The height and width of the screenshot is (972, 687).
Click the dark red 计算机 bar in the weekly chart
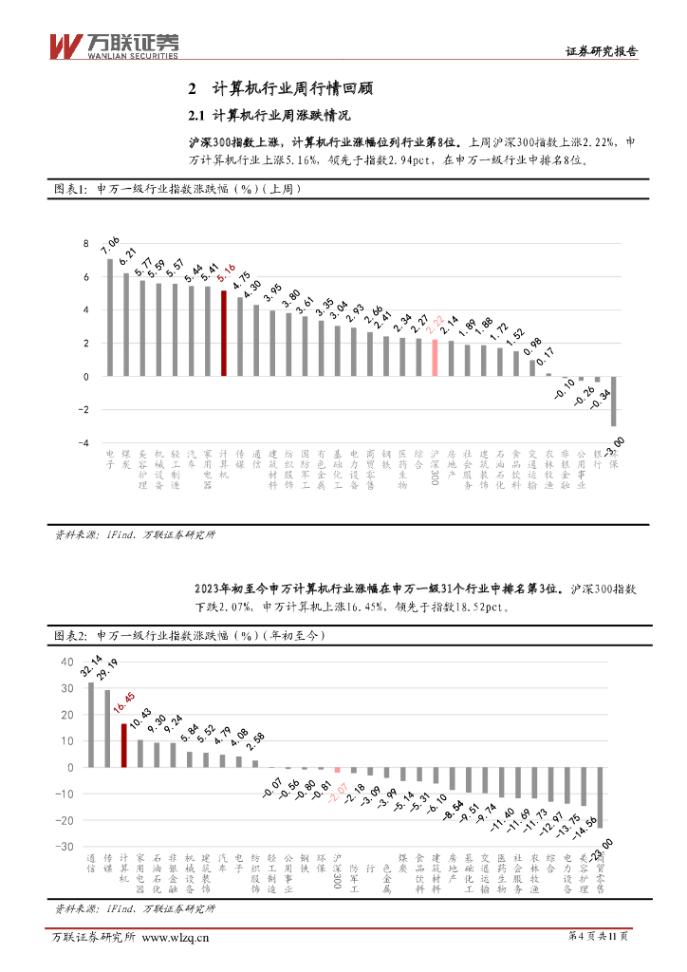224,333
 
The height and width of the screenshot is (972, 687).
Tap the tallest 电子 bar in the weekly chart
110,317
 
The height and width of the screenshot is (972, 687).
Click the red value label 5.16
227,277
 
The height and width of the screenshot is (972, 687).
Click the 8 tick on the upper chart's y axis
86,244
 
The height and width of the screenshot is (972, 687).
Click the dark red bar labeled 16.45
123,745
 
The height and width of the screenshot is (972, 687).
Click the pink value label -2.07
338,791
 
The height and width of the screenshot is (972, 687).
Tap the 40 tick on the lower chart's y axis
66,662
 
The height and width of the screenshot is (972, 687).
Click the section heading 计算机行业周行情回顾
293,89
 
